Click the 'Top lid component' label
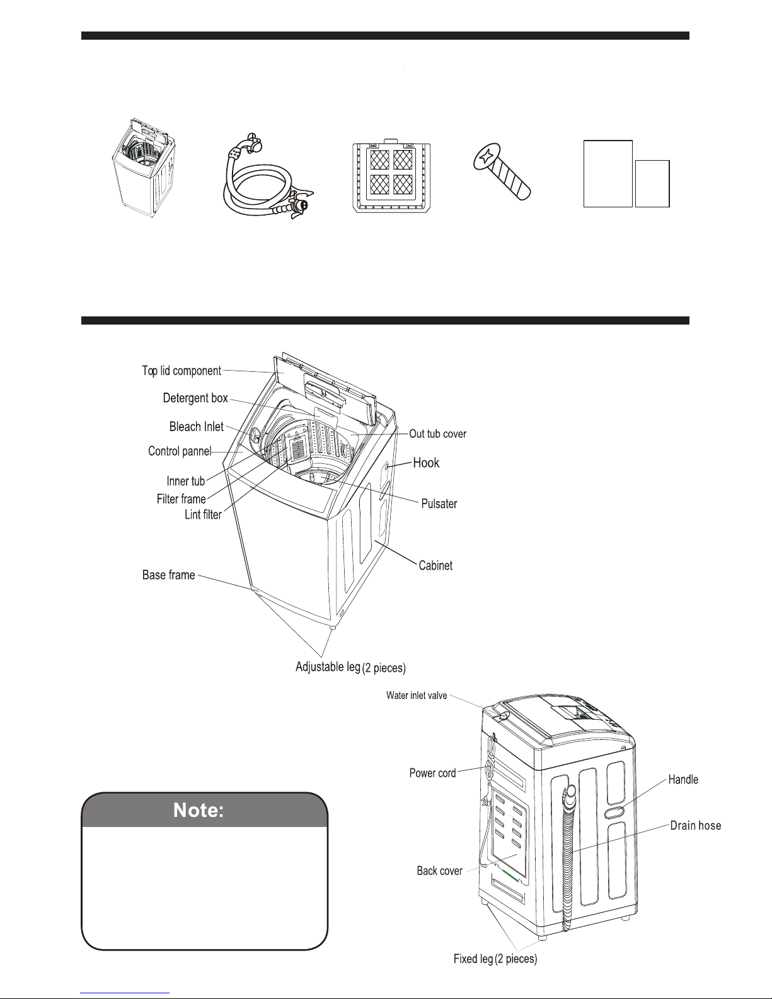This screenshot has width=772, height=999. pos(181,371)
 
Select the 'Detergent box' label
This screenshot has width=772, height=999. pos(195,398)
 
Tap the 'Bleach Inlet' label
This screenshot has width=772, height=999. pos(197,427)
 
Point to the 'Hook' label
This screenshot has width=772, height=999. pos(426,463)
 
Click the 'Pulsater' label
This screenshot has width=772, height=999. pos(439,504)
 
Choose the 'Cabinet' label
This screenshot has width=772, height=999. pos(435,566)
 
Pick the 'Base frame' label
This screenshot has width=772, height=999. pos(168,575)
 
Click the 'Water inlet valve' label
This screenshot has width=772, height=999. pos(417,696)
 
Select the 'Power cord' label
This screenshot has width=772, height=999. pos(432,773)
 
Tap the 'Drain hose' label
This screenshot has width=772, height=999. pos(695,826)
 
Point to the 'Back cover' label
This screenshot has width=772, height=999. pos(439,871)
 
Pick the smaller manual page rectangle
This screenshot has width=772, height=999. pos(652,183)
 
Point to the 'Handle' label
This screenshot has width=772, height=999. pos(683,780)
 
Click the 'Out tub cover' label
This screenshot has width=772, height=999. pos(438,434)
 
